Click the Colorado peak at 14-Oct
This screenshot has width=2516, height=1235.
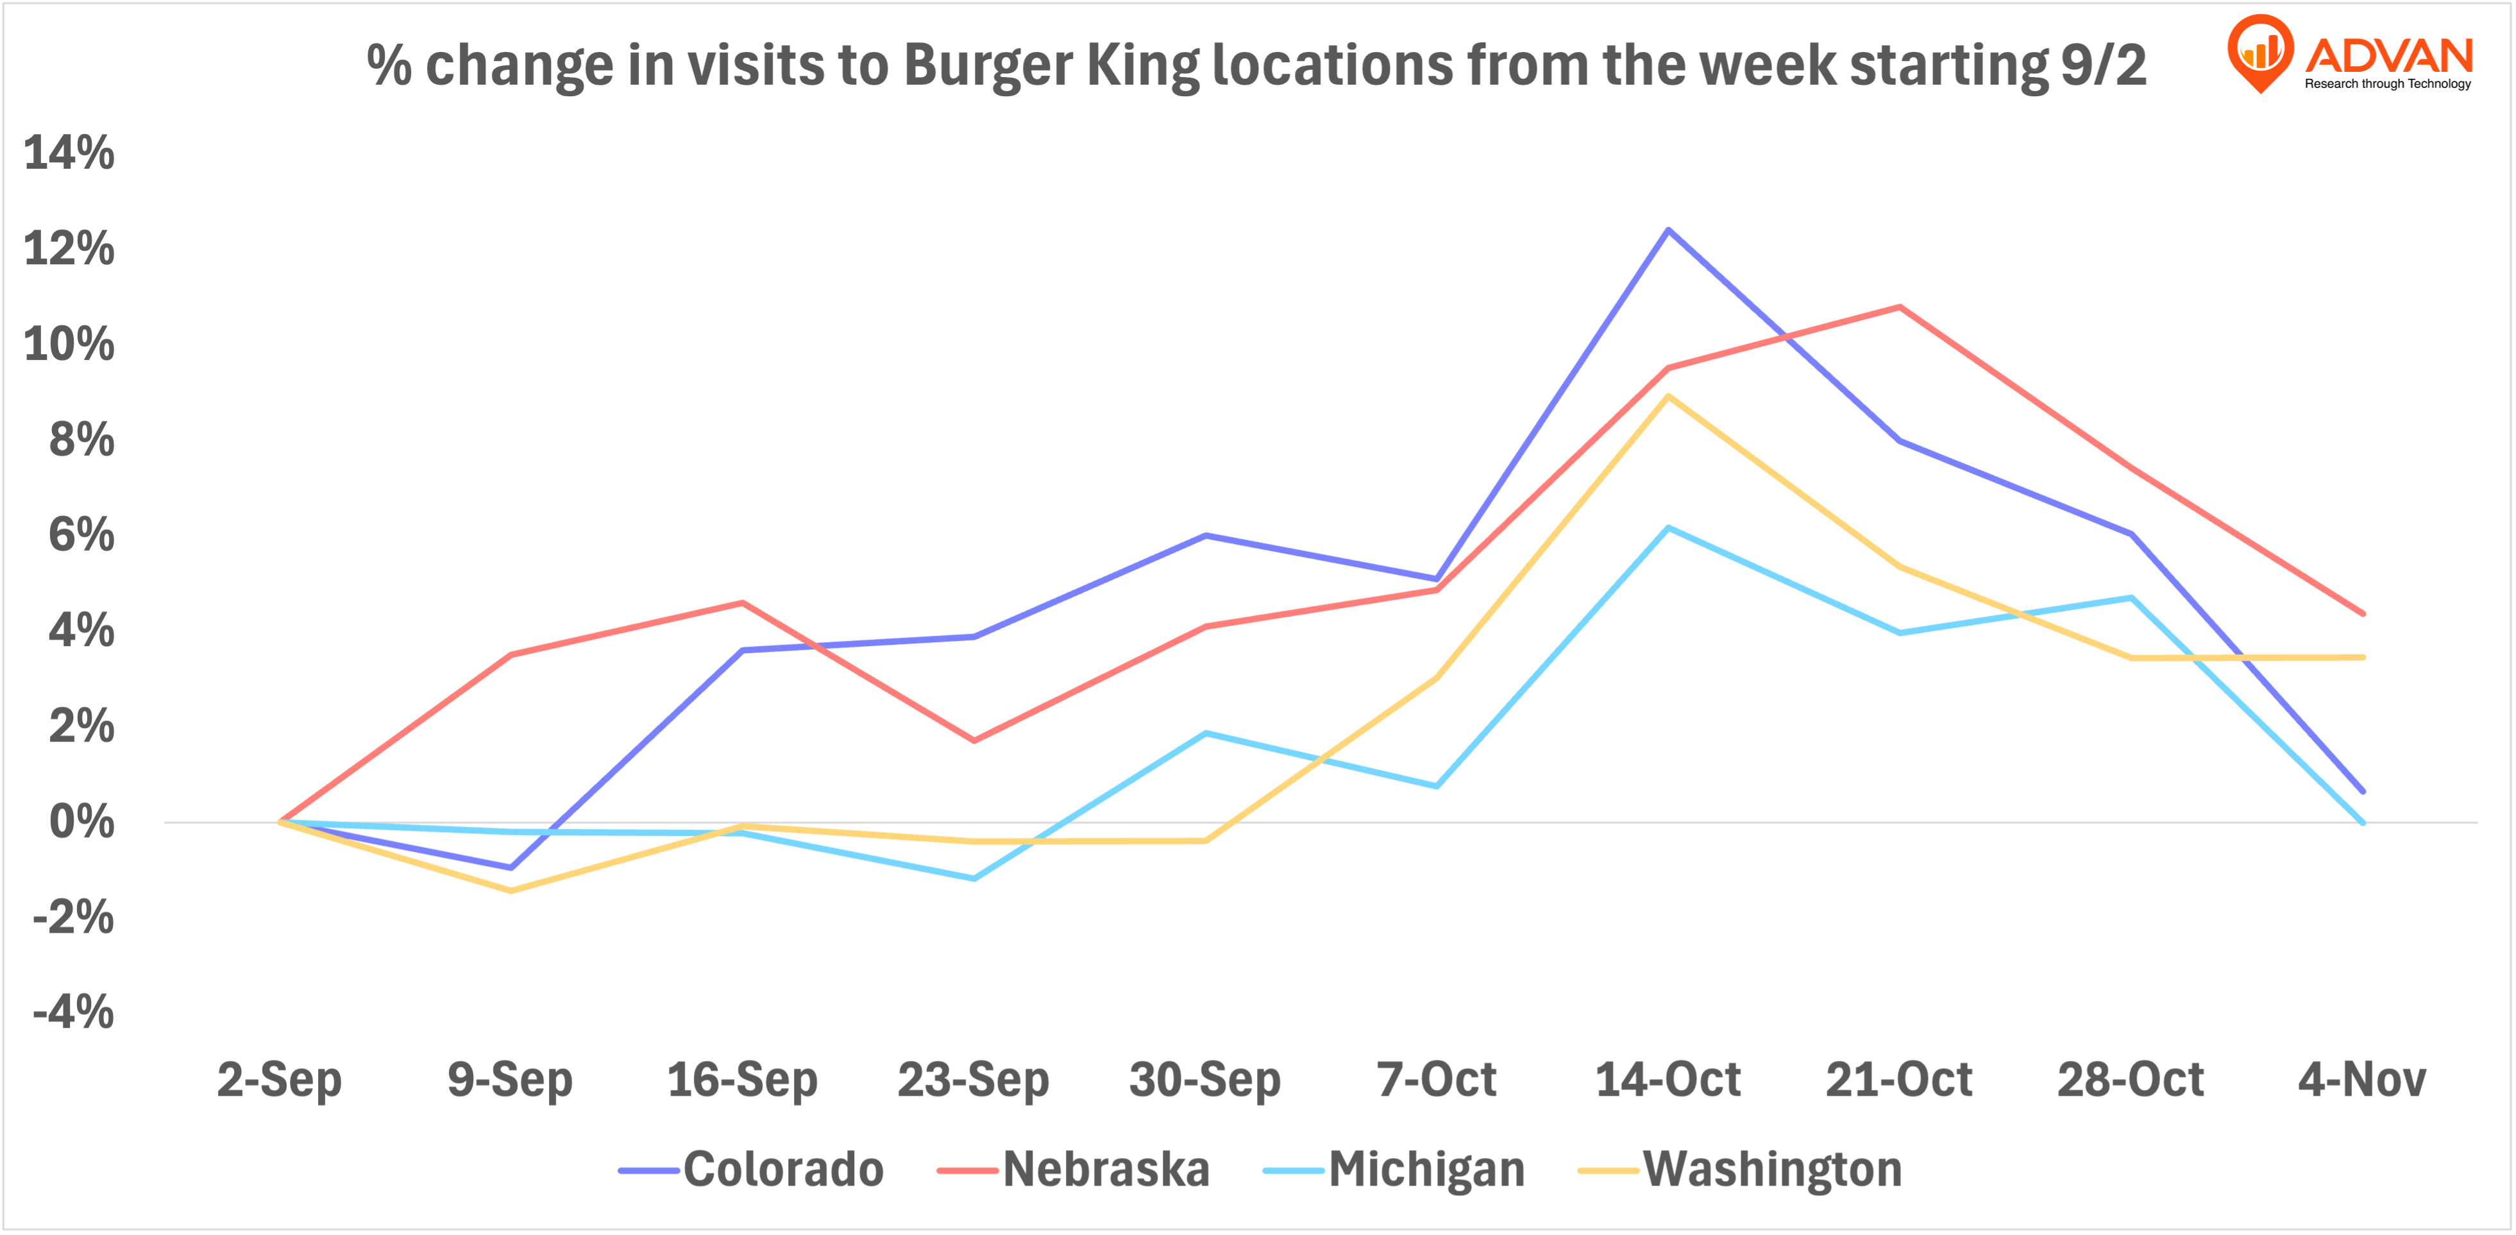point(1668,230)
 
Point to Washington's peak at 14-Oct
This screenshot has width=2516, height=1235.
point(1668,396)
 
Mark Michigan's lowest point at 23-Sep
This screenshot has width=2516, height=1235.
point(974,878)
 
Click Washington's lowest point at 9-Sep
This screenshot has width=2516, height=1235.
point(511,890)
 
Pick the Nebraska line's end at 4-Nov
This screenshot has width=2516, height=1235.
point(2363,613)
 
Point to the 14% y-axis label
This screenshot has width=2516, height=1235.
point(69,153)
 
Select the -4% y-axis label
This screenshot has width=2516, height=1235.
point(73,1012)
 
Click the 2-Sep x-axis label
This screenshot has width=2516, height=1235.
point(280,1080)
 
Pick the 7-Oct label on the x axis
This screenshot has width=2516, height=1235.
point(1437,1080)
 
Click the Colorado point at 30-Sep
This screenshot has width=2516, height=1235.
point(1205,536)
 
